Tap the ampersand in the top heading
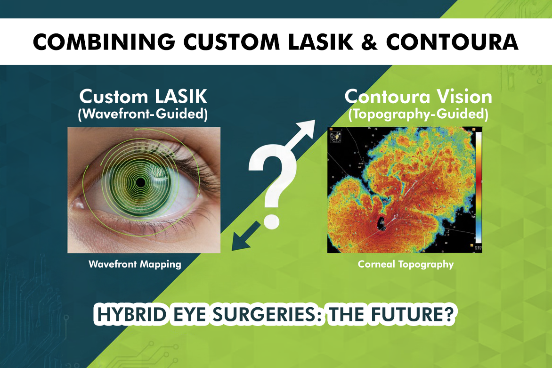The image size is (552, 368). point(369,42)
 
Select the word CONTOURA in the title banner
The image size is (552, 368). point(452,42)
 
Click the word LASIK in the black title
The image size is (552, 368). point(320,42)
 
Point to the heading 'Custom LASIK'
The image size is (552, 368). point(143,96)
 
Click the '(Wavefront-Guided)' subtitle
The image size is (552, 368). point(143,114)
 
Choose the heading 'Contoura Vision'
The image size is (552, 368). point(418,96)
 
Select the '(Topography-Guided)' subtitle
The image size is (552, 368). point(418,114)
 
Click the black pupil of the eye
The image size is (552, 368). point(140,182)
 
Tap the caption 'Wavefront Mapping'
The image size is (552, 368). point(135,264)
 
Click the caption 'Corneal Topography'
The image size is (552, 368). point(406,264)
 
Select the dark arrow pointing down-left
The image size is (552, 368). point(246,236)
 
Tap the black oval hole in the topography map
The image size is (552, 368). point(381,223)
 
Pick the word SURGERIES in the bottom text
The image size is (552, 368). point(268,314)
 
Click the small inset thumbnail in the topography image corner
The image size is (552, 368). point(336,136)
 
